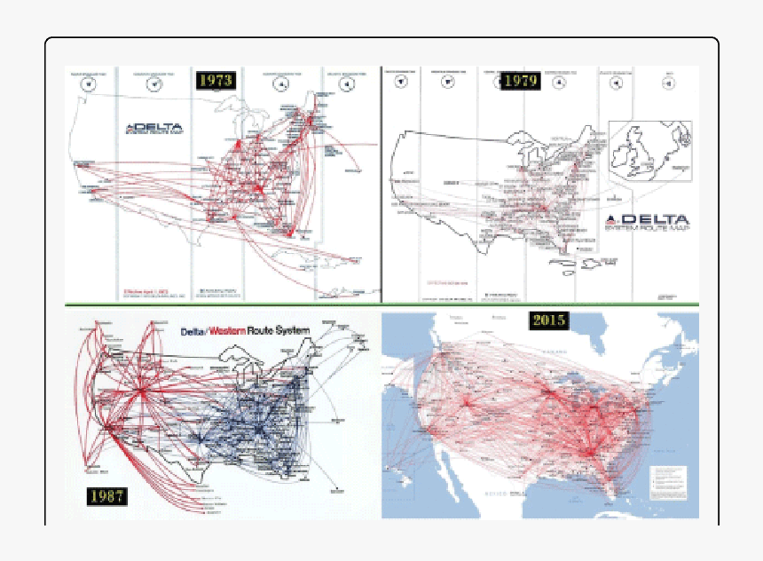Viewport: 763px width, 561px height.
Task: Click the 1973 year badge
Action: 216,80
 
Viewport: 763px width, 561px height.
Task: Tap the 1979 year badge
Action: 520,81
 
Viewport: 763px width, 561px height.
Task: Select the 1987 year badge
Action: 106,495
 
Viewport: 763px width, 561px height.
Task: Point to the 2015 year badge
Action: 549,320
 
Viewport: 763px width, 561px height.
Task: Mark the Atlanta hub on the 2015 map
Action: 588,450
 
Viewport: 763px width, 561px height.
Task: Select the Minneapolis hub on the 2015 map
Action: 548,391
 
